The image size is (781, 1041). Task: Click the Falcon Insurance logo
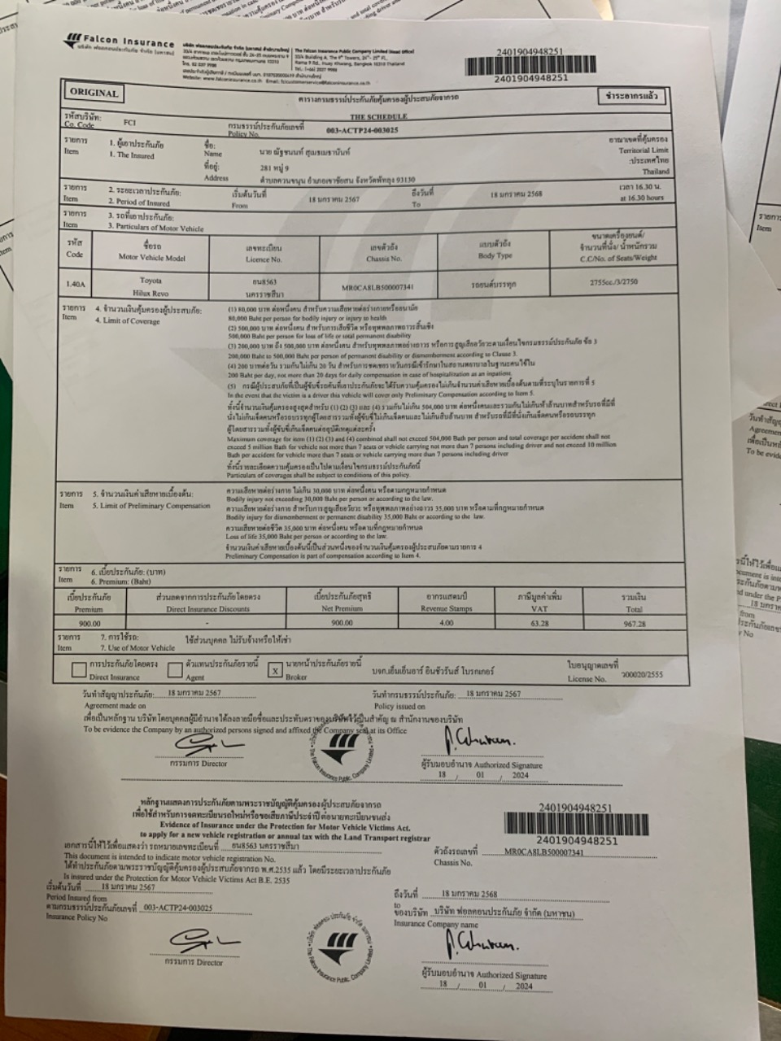[x=119, y=44]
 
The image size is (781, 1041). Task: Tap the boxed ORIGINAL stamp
[x=94, y=93]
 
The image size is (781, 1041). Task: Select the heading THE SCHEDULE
[x=378, y=116]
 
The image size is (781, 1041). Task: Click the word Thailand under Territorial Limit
[x=656, y=172]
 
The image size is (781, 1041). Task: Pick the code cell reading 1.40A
[x=75, y=284]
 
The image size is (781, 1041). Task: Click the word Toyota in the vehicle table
[x=151, y=280]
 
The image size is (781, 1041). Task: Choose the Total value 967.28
[x=634, y=624]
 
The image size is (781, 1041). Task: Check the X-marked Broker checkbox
[x=276, y=670]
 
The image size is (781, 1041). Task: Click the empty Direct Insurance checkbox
[x=79, y=669]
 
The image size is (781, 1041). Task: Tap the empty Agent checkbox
[x=175, y=669]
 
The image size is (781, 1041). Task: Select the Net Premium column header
[x=342, y=602]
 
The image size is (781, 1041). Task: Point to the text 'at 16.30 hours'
[x=641, y=198]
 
